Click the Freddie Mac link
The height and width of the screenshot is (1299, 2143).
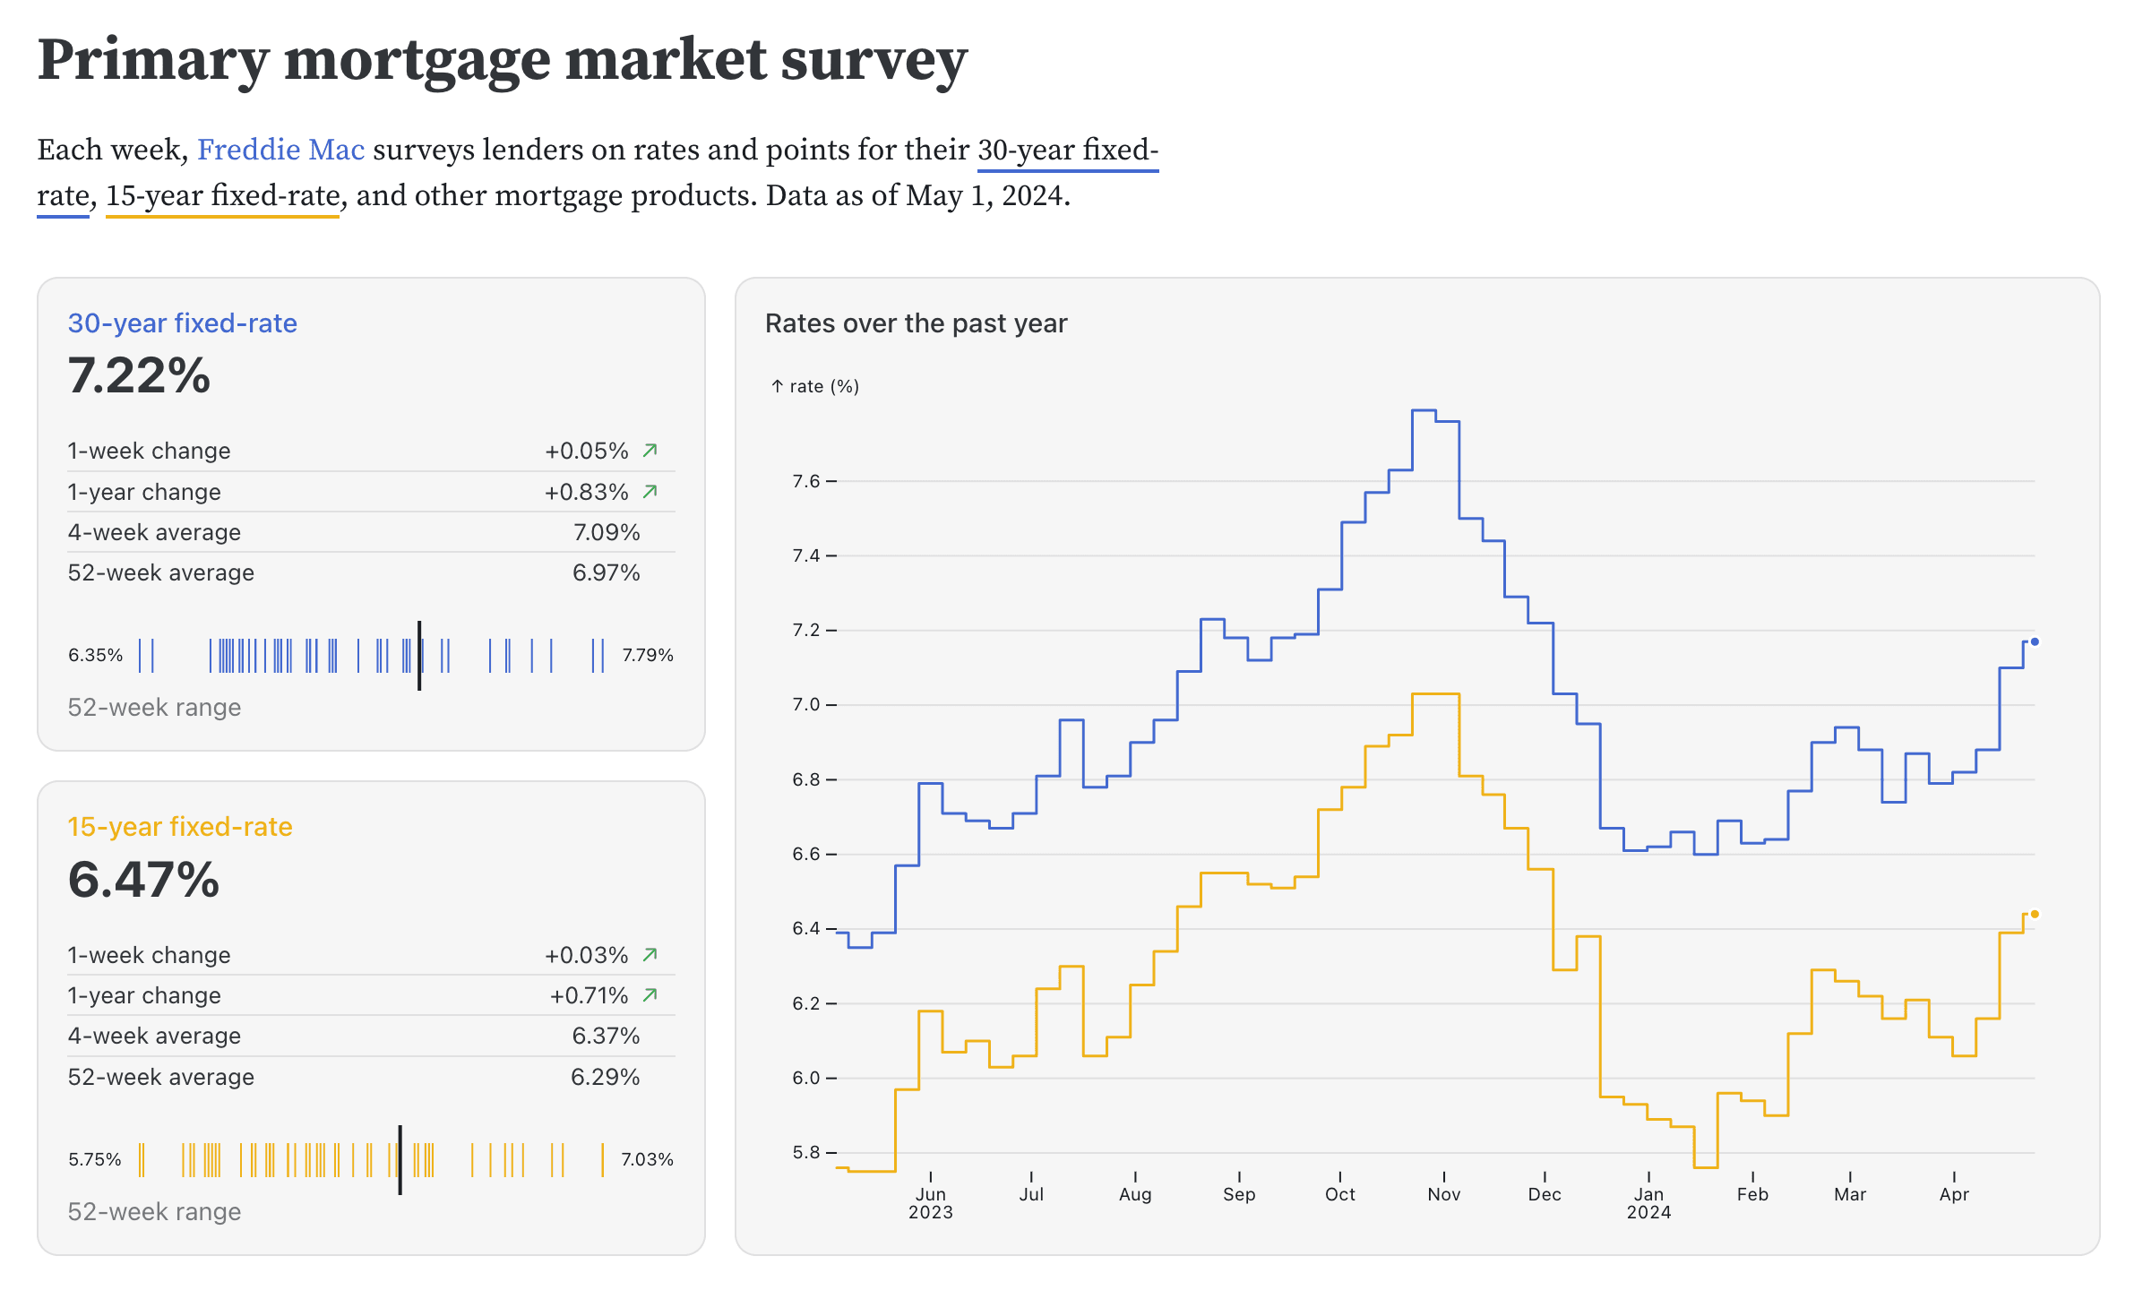tap(280, 150)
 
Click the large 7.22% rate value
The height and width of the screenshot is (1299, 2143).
tap(139, 375)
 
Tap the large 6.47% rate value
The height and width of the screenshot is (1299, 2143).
tap(143, 879)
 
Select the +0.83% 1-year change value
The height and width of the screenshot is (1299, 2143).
tap(587, 492)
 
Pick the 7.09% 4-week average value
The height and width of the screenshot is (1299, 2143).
tap(607, 532)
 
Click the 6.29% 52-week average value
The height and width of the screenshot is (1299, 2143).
tap(606, 1077)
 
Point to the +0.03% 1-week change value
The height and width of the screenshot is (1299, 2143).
tap(587, 955)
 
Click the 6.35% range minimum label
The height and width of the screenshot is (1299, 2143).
tap(95, 655)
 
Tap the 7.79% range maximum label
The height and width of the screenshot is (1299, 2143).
tap(648, 655)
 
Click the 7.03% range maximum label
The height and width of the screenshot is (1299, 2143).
tap(648, 1159)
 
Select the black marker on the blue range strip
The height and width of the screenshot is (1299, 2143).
tap(419, 655)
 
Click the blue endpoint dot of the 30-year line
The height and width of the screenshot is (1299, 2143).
tap(2035, 641)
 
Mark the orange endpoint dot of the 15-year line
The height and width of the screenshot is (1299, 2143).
tap(2035, 914)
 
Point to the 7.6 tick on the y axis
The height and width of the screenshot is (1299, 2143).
tap(806, 481)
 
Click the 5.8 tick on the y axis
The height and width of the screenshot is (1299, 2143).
tap(806, 1152)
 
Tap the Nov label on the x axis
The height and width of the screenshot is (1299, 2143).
tap(1443, 1194)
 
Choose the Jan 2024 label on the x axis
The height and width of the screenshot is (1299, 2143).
tap(1648, 1202)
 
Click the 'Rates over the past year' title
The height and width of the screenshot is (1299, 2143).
tap(916, 323)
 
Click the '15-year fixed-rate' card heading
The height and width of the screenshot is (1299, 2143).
tap(180, 827)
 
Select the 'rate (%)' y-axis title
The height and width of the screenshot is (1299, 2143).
tap(823, 386)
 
